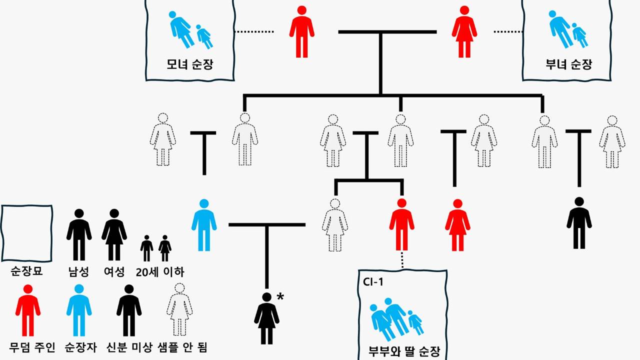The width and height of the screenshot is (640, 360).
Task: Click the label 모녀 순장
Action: point(190,64)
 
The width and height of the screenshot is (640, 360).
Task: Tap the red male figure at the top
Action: point(301,31)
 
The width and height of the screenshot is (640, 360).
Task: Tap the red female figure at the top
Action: point(464,31)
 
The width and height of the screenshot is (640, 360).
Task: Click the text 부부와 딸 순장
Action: point(403,350)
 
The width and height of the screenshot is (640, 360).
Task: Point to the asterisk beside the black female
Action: point(280,297)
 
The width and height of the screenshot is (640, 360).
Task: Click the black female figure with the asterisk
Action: point(266,318)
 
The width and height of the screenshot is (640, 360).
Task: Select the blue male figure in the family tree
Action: point(204,225)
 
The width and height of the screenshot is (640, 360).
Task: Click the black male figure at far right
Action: point(579,223)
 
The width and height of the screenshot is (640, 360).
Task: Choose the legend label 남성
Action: point(79,272)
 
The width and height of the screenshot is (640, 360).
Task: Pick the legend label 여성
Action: point(114,272)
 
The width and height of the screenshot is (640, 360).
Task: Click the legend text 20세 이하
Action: point(160,272)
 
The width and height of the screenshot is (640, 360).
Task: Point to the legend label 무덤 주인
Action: point(32,347)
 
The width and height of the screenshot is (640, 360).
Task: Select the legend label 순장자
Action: point(79,347)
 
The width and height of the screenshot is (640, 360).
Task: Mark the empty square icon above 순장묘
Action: point(26,233)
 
